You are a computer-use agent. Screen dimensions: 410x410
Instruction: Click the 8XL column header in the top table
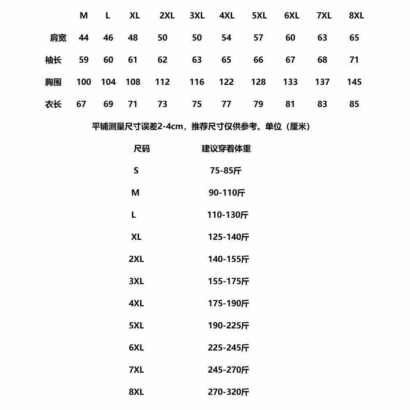pyautogui.click(x=356, y=16)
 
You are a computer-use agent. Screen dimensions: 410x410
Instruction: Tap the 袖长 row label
pyautogui.click(x=53, y=60)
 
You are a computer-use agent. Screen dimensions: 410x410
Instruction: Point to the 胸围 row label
pyautogui.click(x=53, y=82)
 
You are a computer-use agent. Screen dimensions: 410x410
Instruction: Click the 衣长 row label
pyautogui.click(x=53, y=105)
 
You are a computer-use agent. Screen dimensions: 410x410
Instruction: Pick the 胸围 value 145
pyautogui.click(x=354, y=82)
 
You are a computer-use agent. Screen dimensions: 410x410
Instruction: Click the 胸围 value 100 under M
pyautogui.click(x=84, y=82)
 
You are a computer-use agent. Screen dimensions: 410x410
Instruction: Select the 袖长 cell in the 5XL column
pyautogui.click(x=258, y=60)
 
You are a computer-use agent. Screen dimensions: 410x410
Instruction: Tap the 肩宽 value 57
pyautogui.click(x=258, y=38)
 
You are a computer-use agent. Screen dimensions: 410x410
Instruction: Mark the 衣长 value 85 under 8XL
pyautogui.click(x=354, y=104)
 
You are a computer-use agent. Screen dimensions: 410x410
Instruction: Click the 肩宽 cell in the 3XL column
pyautogui.click(x=197, y=38)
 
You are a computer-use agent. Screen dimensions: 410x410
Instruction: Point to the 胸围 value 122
pyautogui.click(x=226, y=82)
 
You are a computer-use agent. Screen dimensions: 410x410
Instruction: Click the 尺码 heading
pyautogui.click(x=142, y=148)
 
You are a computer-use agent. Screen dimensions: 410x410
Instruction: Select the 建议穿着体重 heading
pyautogui.click(x=226, y=148)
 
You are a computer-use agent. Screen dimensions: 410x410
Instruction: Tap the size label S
pyautogui.click(x=136, y=171)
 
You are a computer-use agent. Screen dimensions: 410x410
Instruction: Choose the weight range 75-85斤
pyautogui.click(x=225, y=171)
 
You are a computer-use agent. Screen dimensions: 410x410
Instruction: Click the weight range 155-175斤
pyautogui.click(x=228, y=281)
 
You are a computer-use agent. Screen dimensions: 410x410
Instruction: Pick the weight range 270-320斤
pyautogui.click(x=228, y=392)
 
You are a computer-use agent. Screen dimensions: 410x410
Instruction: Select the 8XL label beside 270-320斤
pyautogui.click(x=136, y=392)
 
